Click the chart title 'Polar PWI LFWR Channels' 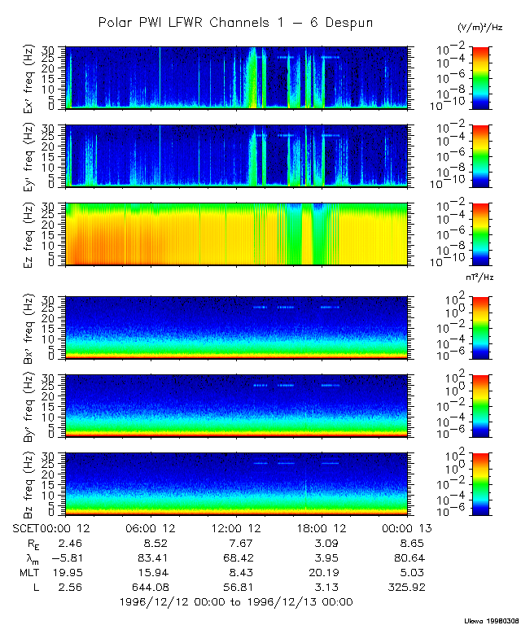pos(235,22)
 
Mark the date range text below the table pos(235,601)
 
